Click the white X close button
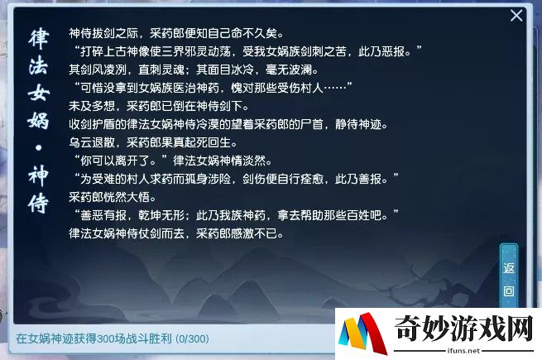pos(516,16)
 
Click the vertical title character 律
pos(38,39)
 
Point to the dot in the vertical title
pos(38,148)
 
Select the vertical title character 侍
pos(38,203)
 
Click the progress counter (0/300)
pos(192,338)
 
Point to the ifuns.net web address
pos(463,351)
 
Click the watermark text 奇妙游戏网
pos(463,328)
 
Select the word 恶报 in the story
pos(393,51)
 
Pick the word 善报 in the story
pos(370,179)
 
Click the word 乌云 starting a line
pos(80,142)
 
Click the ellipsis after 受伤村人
pos(335,88)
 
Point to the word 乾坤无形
pos(161,215)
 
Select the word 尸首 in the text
pos(312,124)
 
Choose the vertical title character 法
pos(38,66)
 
